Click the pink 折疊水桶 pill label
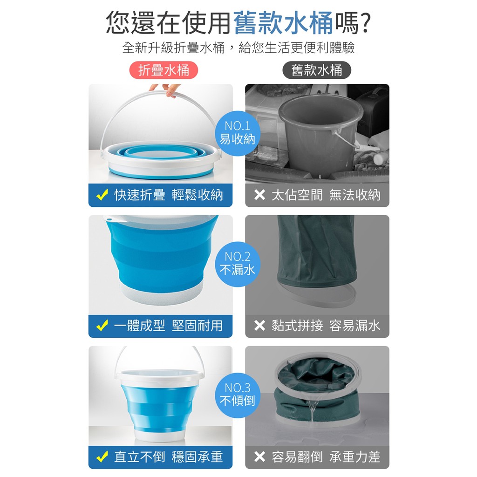(164, 70)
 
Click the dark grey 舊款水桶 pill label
(317, 70)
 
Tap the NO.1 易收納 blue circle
(237, 133)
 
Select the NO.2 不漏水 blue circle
(237, 264)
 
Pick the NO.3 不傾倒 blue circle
(237, 395)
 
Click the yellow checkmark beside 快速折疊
(102, 195)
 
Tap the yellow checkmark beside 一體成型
(102, 326)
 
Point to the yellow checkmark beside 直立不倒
(102, 457)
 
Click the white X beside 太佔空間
(259, 195)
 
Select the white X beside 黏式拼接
(259, 326)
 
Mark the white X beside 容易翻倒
(259, 457)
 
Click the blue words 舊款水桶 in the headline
(283, 23)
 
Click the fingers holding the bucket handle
(165, 90)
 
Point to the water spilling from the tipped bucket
(313, 411)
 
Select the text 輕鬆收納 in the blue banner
(197, 195)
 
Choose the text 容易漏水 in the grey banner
(354, 326)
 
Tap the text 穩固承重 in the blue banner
(197, 457)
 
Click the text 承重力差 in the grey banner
(354, 457)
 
